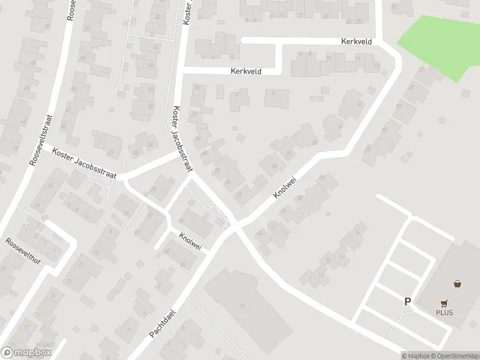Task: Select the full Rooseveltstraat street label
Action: pyautogui.click(x=40, y=140)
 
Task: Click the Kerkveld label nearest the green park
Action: pyautogui.click(x=356, y=41)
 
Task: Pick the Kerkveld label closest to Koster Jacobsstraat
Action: pyautogui.click(x=246, y=71)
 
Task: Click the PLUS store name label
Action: pyautogui.click(x=445, y=313)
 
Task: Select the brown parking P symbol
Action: pyautogui.click(x=407, y=302)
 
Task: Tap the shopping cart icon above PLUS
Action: pyautogui.click(x=445, y=304)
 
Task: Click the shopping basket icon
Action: pyautogui.click(x=458, y=284)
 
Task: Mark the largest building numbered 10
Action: pyautogui.click(x=242, y=307)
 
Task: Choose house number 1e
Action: pyautogui.click(x=358, y=232)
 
